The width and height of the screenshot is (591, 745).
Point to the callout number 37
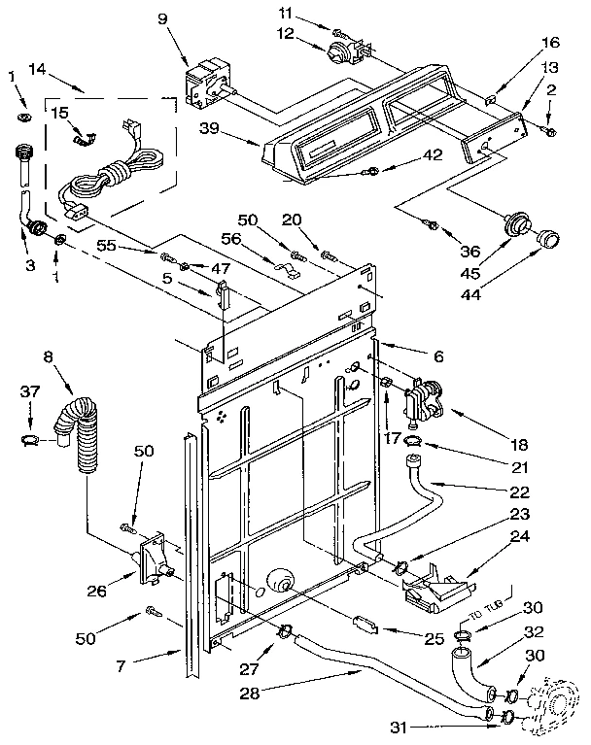[31, 390]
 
